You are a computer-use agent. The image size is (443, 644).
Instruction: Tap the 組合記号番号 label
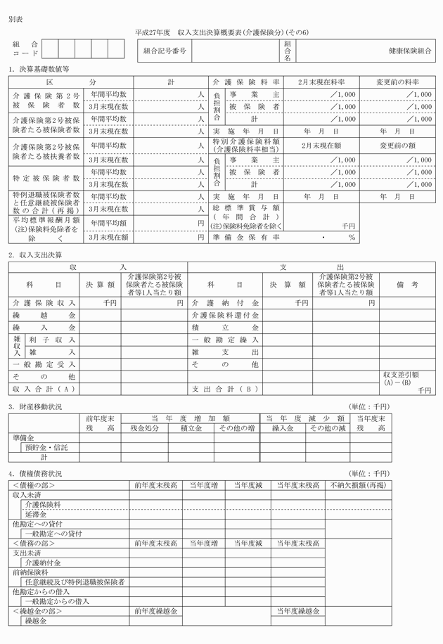click(x=165, y=51)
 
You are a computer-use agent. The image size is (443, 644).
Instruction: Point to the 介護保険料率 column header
click(x=244, y=82)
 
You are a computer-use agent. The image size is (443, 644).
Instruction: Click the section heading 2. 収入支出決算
click(x=35, y=255)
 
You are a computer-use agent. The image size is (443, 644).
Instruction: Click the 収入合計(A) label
click(x=44, y=389)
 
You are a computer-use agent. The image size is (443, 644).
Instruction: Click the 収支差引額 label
click(x=401, y=375)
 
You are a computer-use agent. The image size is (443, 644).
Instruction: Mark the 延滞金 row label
click(x=35, y=514)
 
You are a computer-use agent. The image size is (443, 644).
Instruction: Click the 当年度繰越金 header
click(x=299, y=611)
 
